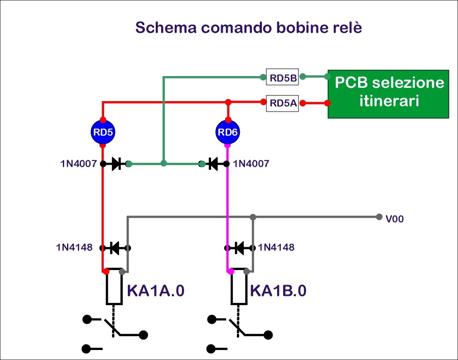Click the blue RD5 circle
coord(103,133)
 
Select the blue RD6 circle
coord(228,133)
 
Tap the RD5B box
coord(282,77)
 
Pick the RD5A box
coord(282,103)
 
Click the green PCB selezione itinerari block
coord(388,94)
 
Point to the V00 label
coord(395,219)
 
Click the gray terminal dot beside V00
coord(379,217)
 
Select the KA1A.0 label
coord(155,290)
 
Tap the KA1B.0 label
coord(278,290)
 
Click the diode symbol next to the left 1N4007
coord(117,164)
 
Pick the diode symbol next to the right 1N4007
coord(214,164)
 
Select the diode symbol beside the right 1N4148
coord(239,248)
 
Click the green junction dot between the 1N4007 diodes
coord(164,164)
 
